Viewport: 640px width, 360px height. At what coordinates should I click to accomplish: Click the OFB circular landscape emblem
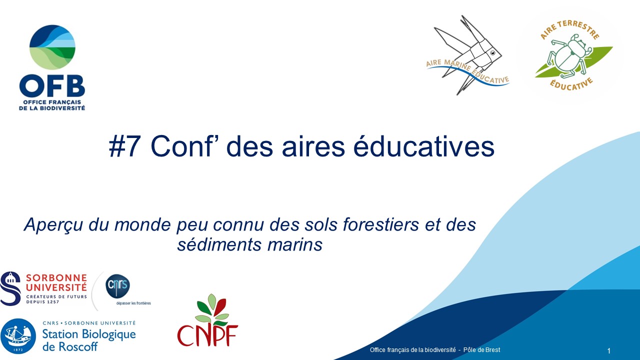point(52,47)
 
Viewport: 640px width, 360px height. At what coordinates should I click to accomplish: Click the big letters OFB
point(52,86)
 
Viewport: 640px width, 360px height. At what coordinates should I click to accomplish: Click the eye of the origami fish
point(493,53)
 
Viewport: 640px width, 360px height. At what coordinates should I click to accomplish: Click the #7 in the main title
point(124,147)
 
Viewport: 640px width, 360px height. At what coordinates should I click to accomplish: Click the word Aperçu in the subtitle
point(54,225)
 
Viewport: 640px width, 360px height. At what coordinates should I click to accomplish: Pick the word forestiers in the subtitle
point(380,224)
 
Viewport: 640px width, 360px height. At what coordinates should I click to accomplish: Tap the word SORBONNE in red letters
point(56,278)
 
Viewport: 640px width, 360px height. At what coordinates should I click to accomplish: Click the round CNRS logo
point(117,286)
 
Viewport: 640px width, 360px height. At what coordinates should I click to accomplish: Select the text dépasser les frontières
point(133,303)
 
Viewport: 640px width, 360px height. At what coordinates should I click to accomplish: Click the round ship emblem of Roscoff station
point(18,336)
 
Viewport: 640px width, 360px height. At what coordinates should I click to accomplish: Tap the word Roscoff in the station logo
point(77,347)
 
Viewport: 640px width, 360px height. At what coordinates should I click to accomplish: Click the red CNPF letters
point(207,335)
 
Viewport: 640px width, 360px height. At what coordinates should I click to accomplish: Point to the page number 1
point(609,351)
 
